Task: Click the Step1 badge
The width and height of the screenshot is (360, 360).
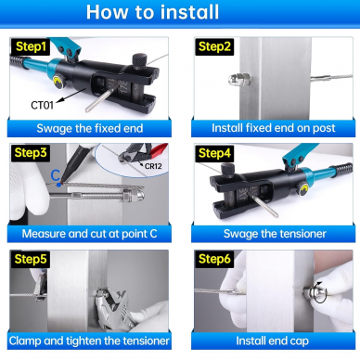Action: coord(30,46)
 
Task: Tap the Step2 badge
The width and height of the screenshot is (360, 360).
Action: coord(214,46)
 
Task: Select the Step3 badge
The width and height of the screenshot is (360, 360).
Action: coord(30,153)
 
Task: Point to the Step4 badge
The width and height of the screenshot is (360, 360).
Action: coord(214,153)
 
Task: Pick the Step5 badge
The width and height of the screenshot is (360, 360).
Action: coord(30,259)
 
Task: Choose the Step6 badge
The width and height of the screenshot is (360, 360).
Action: coord(214,259)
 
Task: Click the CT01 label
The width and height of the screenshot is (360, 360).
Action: coord(42,105)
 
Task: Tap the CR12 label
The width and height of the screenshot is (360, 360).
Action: coord(153,166)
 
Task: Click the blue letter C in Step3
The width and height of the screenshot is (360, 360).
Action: coord(55,175)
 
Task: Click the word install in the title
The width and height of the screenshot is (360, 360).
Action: coord(190,12)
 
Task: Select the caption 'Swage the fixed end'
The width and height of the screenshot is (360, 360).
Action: coord(90,128)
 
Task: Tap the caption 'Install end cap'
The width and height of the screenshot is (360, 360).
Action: coord(272,341)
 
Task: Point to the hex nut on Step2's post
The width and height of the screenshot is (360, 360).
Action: coord(239,80)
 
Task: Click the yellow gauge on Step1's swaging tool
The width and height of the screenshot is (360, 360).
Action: coord(58,82)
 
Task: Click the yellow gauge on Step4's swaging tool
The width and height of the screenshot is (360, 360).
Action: coord(303,188)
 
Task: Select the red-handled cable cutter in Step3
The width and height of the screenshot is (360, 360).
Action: coord(143,152)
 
